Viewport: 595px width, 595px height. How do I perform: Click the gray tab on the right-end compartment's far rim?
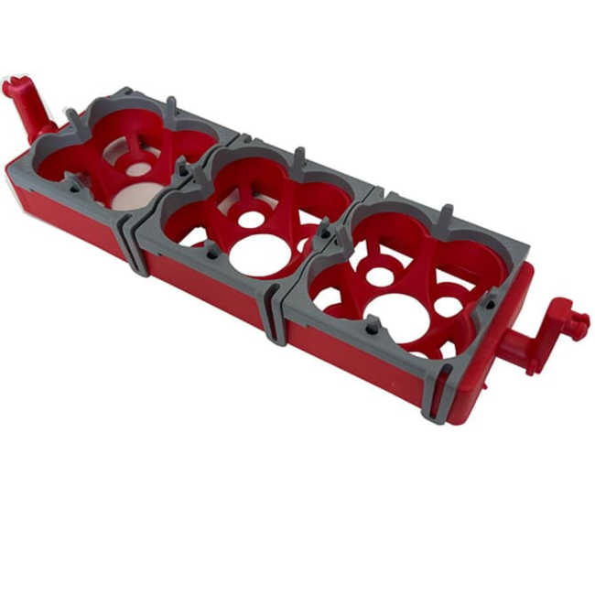446,216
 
